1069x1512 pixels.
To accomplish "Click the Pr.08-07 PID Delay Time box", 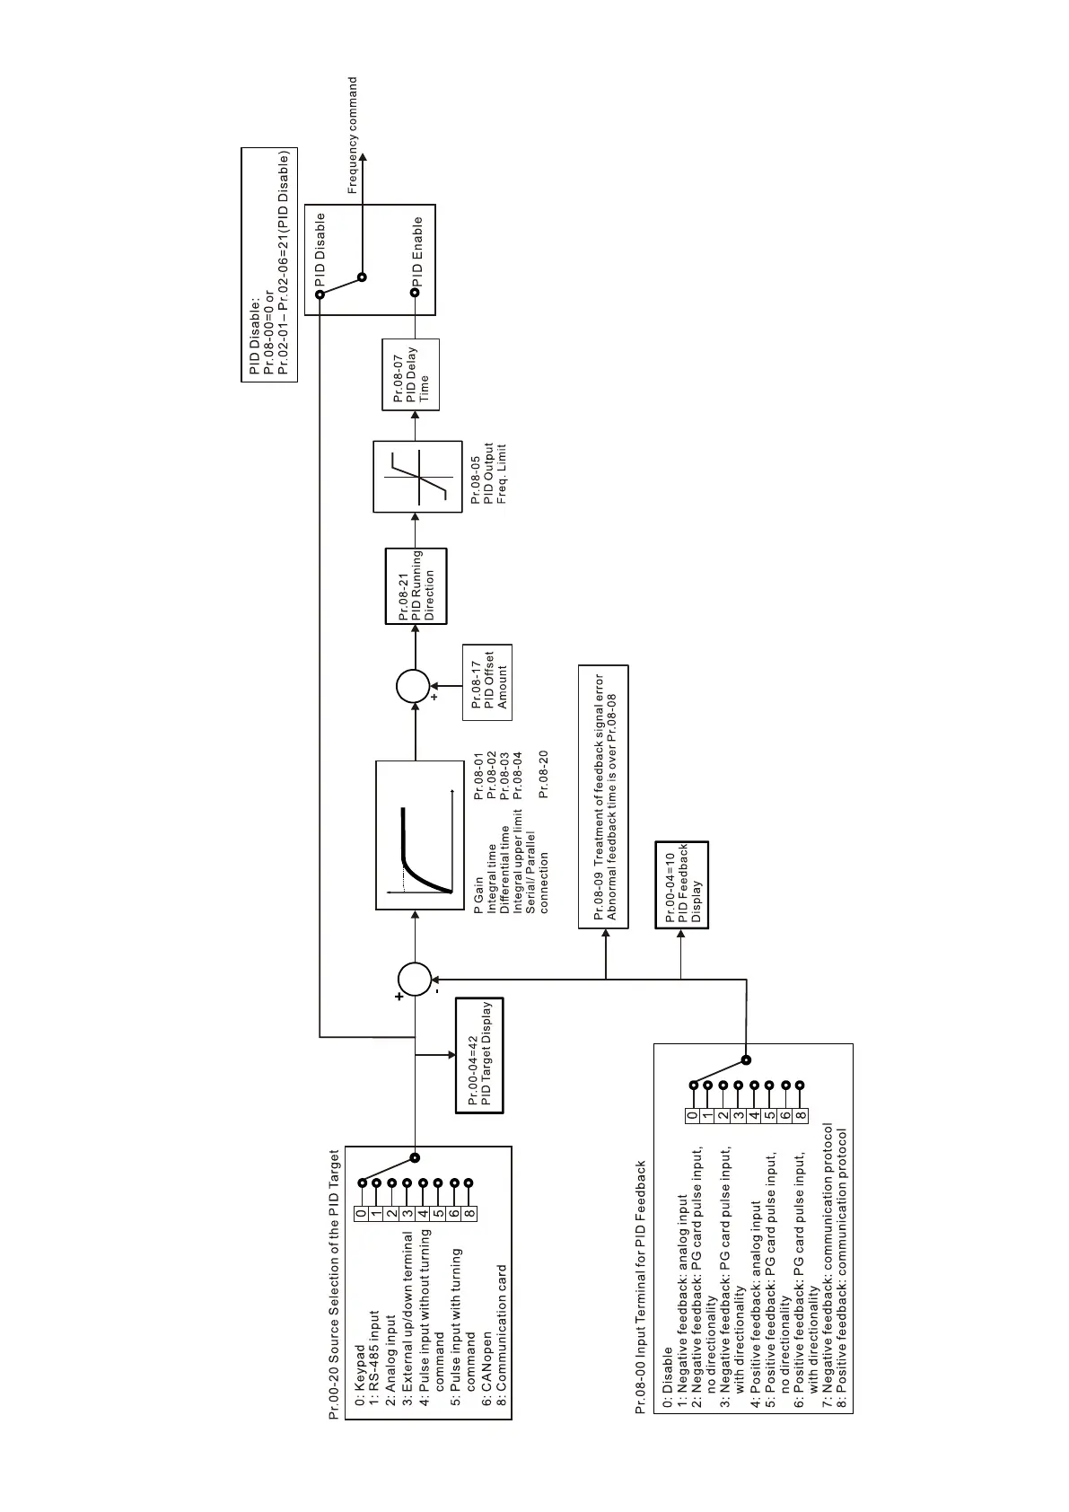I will (411, 374).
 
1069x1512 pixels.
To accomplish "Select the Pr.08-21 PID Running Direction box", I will (416, 586).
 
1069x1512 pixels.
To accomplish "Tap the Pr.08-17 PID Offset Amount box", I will (487, 682).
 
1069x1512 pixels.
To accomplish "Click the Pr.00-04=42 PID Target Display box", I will (480, 1055).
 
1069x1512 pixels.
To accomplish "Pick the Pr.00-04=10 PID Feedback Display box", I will (681, 884).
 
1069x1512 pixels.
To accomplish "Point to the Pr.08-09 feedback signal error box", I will (604, 796).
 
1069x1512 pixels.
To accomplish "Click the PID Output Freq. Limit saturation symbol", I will (417, 476).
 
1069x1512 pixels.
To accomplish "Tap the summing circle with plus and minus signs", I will (415, 979).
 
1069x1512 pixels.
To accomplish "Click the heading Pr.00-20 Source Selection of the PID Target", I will (334, 1284).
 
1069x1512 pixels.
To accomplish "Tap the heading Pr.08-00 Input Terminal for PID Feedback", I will (641, 1288).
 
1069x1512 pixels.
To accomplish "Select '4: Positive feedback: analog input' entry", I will (756, 1307).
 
